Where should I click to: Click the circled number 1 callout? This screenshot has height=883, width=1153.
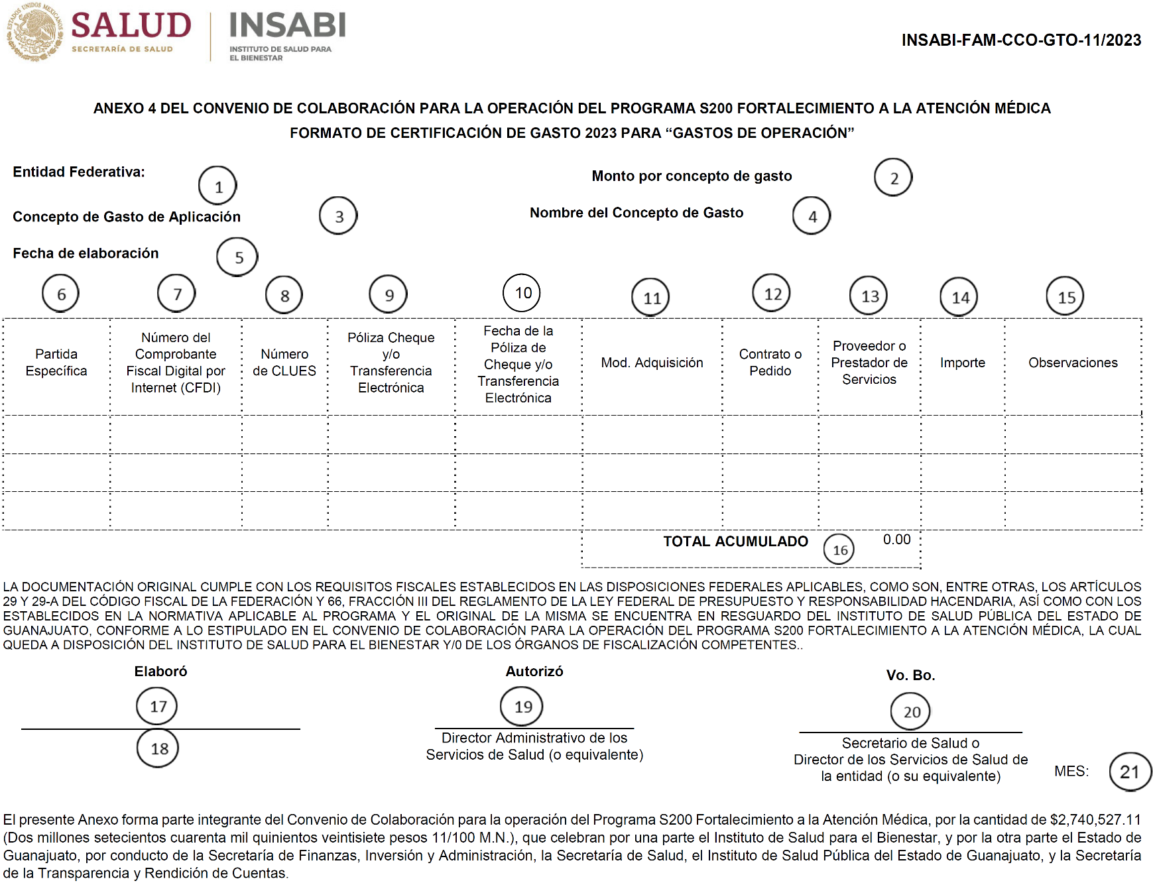(x=217, y=186)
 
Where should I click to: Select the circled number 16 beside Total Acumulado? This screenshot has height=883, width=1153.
(x=839, y=550)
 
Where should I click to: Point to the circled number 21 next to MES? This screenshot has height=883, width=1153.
(x=1130, y=772)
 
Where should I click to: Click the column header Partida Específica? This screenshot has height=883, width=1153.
(x=56, y=363)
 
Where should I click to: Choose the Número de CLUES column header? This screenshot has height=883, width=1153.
(x=284, y=363)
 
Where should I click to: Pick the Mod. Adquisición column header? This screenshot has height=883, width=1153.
(x=652, y=363)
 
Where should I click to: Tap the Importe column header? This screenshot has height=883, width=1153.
(x=962, y=363)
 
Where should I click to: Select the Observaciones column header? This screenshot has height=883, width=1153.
(x=1073, y=363)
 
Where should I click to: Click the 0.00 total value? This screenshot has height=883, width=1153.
(x=896, y=540)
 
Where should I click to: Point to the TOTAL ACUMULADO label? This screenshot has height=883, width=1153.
(x=735, y=542)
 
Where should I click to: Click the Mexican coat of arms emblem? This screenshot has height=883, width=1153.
(x=34, y=31)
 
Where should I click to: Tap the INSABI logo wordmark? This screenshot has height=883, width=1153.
(x=287, y=27)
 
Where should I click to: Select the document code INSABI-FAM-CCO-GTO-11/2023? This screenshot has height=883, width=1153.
(x=1021, y=40)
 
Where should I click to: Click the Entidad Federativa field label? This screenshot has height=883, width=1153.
(x=79, y=172)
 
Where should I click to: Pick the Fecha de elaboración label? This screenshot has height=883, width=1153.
(x=86, y=253)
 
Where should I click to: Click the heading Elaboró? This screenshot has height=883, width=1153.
(x=160, y=672)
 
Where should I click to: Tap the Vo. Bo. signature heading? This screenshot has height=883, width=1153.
(x=910, y=676)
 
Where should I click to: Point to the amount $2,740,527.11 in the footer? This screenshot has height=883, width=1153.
(x=1095, y=820)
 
